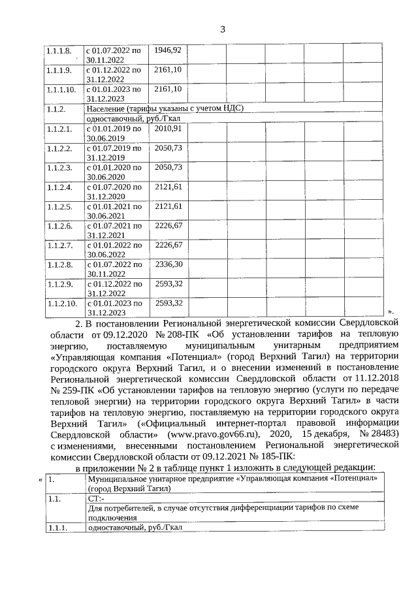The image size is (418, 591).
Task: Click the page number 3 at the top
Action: tap(222, 29)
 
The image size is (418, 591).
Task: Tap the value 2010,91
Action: tap(168, 129)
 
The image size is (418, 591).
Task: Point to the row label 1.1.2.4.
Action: tap(59, 187)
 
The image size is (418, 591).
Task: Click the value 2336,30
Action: tap(168, 264)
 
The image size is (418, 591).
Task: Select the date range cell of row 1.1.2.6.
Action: tap(114, 230)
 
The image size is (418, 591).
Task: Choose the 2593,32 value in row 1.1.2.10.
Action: tap(168, 303)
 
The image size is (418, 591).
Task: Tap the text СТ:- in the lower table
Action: tap(95, 498)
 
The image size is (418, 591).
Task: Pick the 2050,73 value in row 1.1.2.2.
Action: tap(168, 148)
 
